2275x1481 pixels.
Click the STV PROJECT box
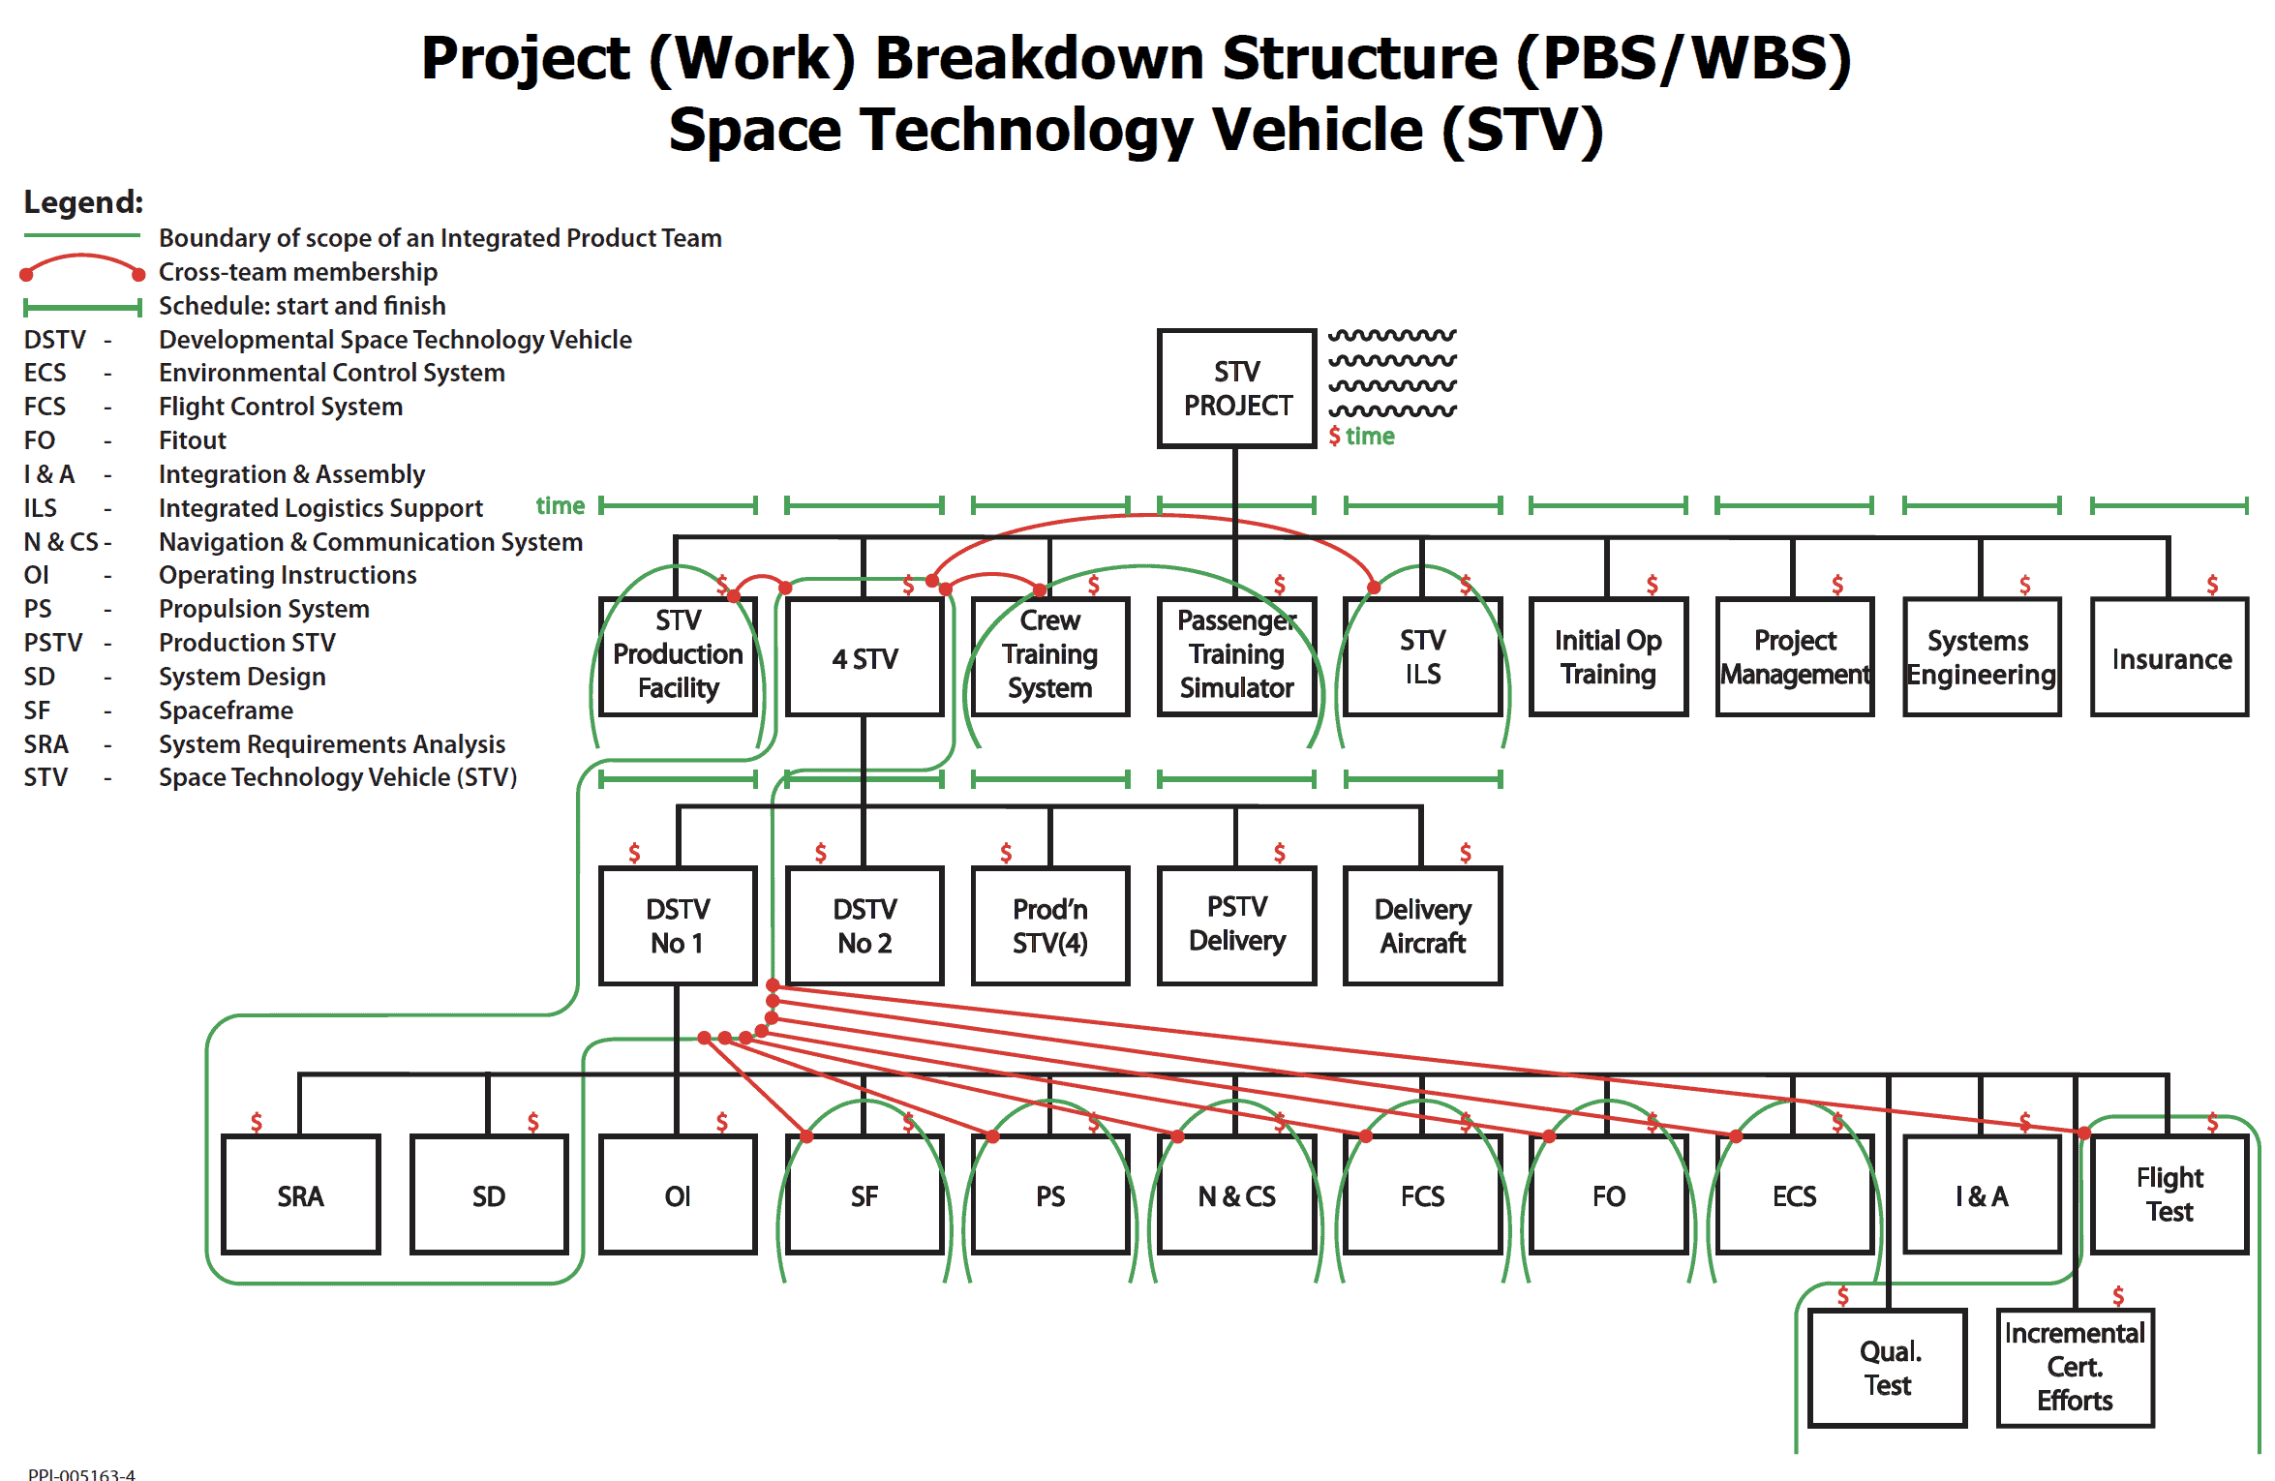pos(1236,388)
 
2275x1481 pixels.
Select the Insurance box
pos(2169,657)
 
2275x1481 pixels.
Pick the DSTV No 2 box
pos(864,925)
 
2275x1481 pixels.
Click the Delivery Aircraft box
pos(1422,925)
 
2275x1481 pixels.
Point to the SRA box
pos(300,1194)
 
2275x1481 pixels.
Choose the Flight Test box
pos(2169,1194)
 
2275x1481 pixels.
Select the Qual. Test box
pos(1888,1368)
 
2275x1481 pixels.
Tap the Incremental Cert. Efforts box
pos(2075,1368)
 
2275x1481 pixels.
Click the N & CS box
pos(1236,1194)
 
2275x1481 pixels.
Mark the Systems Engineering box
pos(1982,657)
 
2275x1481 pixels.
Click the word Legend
pos(83,202)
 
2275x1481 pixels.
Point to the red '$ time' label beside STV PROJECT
pos(1362,437)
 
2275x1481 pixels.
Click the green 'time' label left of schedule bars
pos(561,505)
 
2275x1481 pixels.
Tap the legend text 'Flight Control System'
pos(281,407)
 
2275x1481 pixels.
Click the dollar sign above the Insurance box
pos(2212,585)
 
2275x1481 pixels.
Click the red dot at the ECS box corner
pos(1736,1136)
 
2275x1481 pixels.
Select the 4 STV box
pos(864,657)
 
